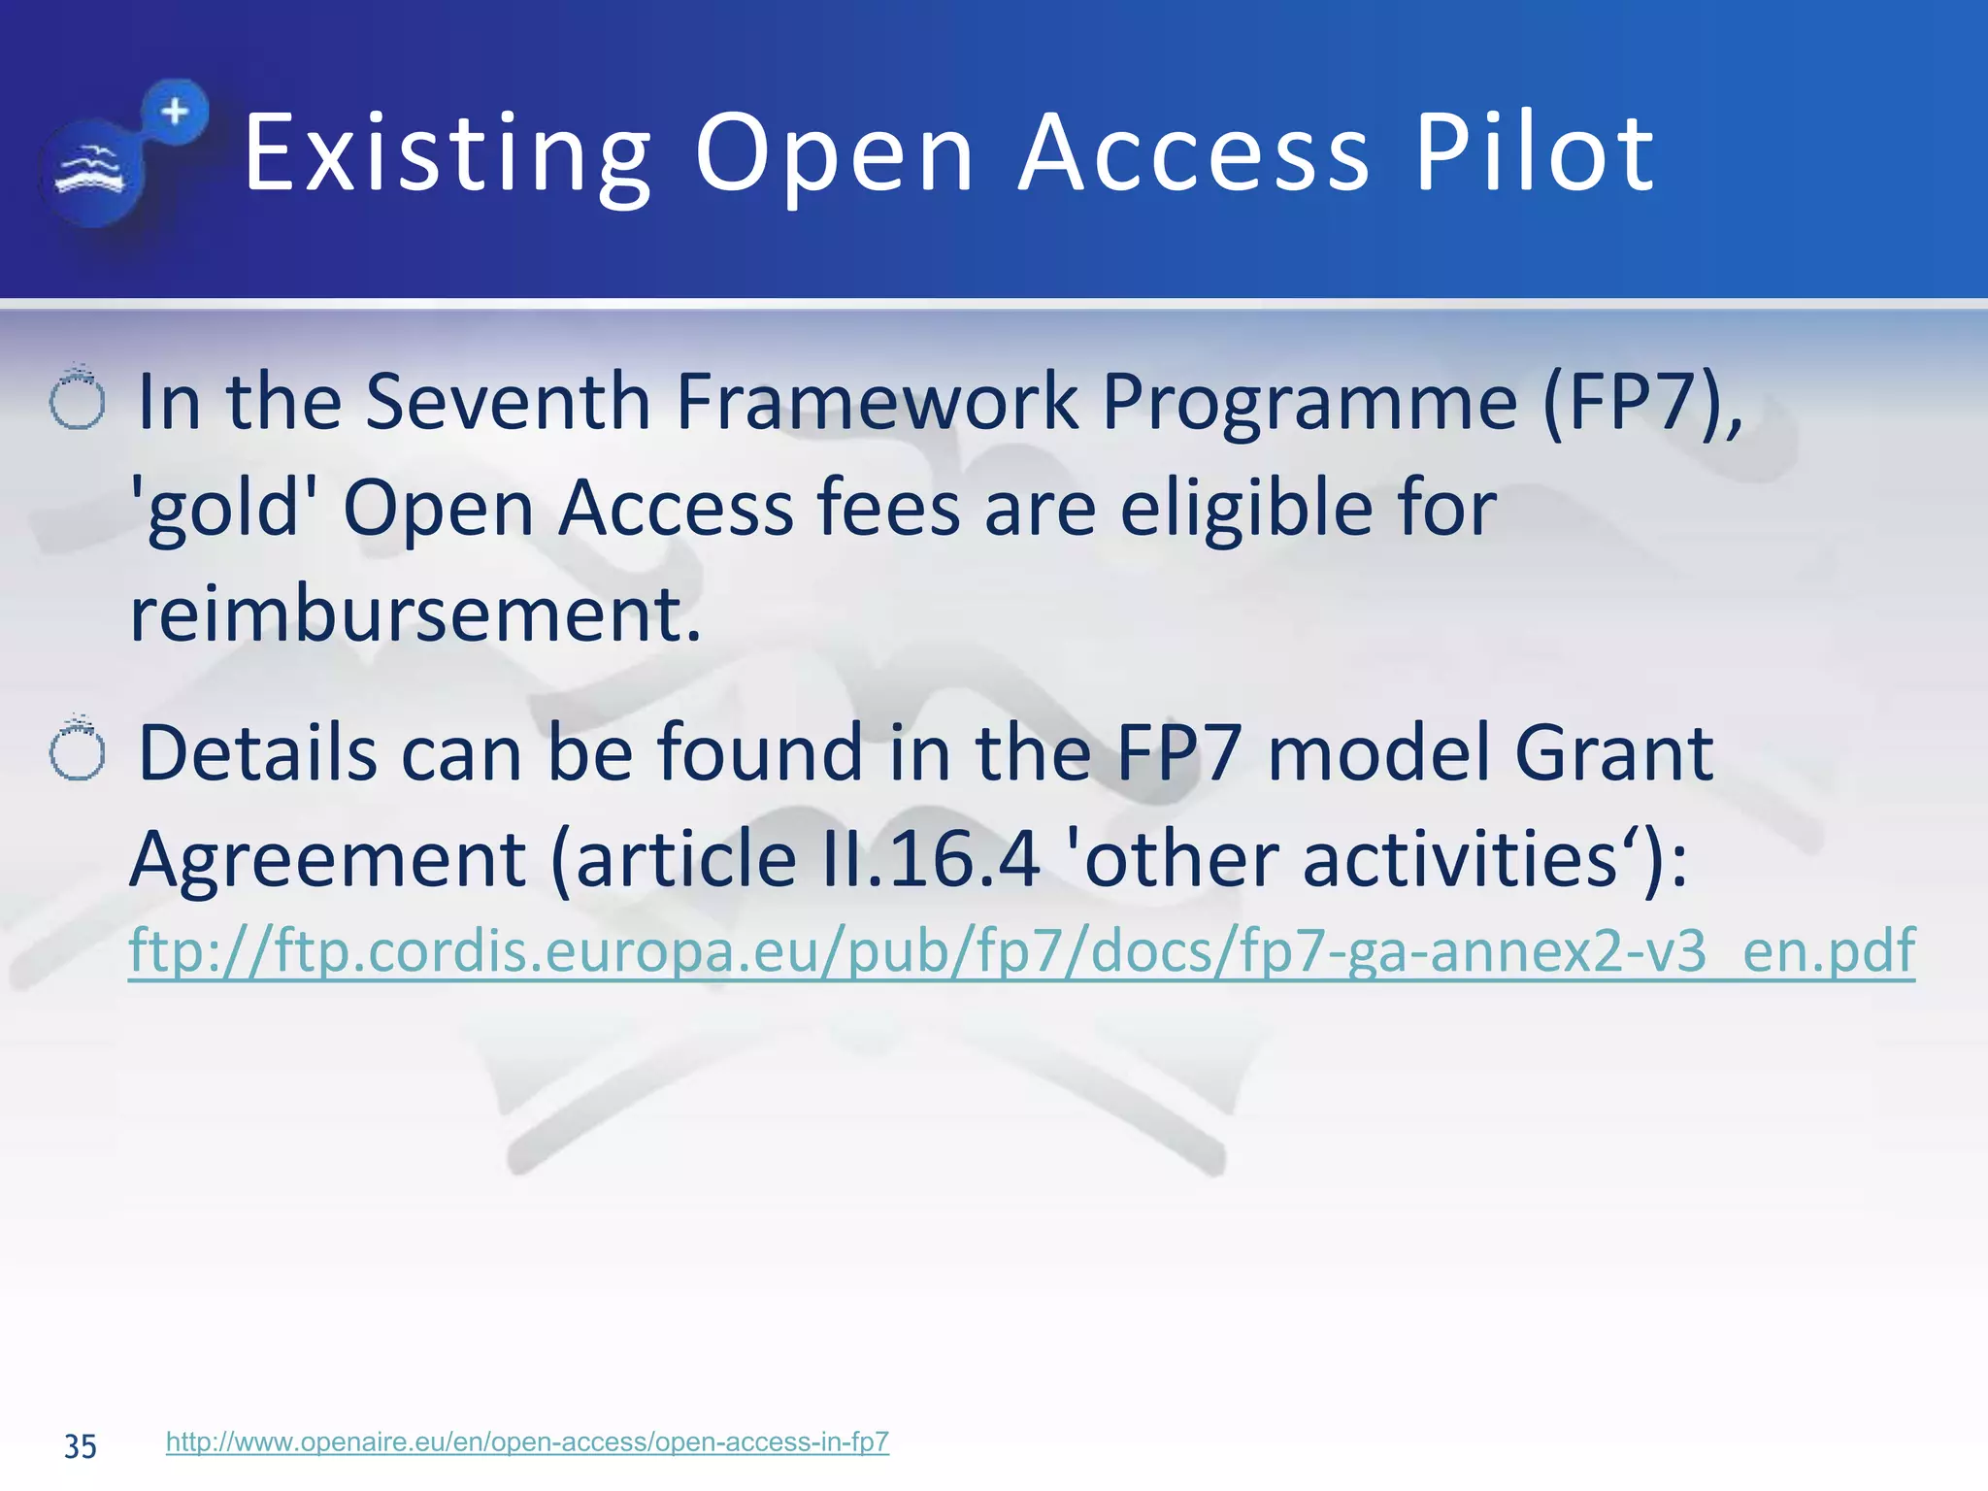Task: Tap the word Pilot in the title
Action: [1534, 153]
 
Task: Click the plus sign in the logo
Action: [175, 112]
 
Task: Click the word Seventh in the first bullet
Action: [507, 402]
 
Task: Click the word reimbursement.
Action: [414, 614]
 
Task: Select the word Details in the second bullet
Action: [257, 753]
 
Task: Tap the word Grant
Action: [1613, 753]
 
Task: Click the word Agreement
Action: [328, 860]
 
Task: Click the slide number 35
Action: [80, 1446]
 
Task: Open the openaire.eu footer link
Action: [527, 1441]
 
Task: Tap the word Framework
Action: [876, 402]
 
